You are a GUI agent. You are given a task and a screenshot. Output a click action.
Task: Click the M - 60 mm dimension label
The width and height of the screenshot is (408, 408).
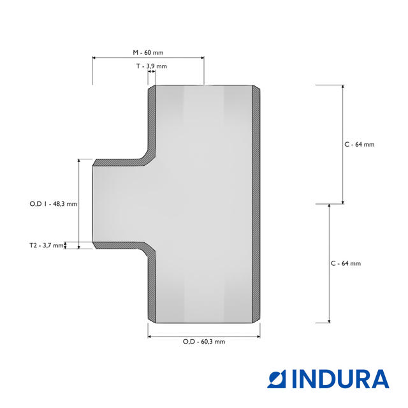click(148, 52)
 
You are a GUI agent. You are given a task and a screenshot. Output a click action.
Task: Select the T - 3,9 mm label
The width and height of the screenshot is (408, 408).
click(152, 66)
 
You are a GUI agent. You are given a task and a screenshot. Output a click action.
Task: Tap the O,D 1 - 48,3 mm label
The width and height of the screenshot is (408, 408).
click(54, 204)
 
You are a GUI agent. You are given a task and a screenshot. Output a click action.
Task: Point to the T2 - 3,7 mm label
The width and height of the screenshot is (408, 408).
click(47, 245)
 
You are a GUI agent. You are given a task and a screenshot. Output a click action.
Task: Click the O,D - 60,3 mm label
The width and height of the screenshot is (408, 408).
click(204, 342)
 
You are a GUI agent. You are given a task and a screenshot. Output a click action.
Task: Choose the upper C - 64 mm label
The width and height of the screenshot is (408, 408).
click(360, 145)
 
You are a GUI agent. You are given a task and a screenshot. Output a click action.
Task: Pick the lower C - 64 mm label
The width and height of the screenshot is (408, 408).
click(346, 263)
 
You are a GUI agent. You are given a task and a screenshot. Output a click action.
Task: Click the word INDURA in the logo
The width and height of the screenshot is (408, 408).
click(340, 379)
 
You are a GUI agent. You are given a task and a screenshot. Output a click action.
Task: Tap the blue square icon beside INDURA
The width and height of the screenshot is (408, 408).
click(277, 379)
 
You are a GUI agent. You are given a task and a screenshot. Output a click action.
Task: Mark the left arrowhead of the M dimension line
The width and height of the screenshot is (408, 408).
click(94, 58)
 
